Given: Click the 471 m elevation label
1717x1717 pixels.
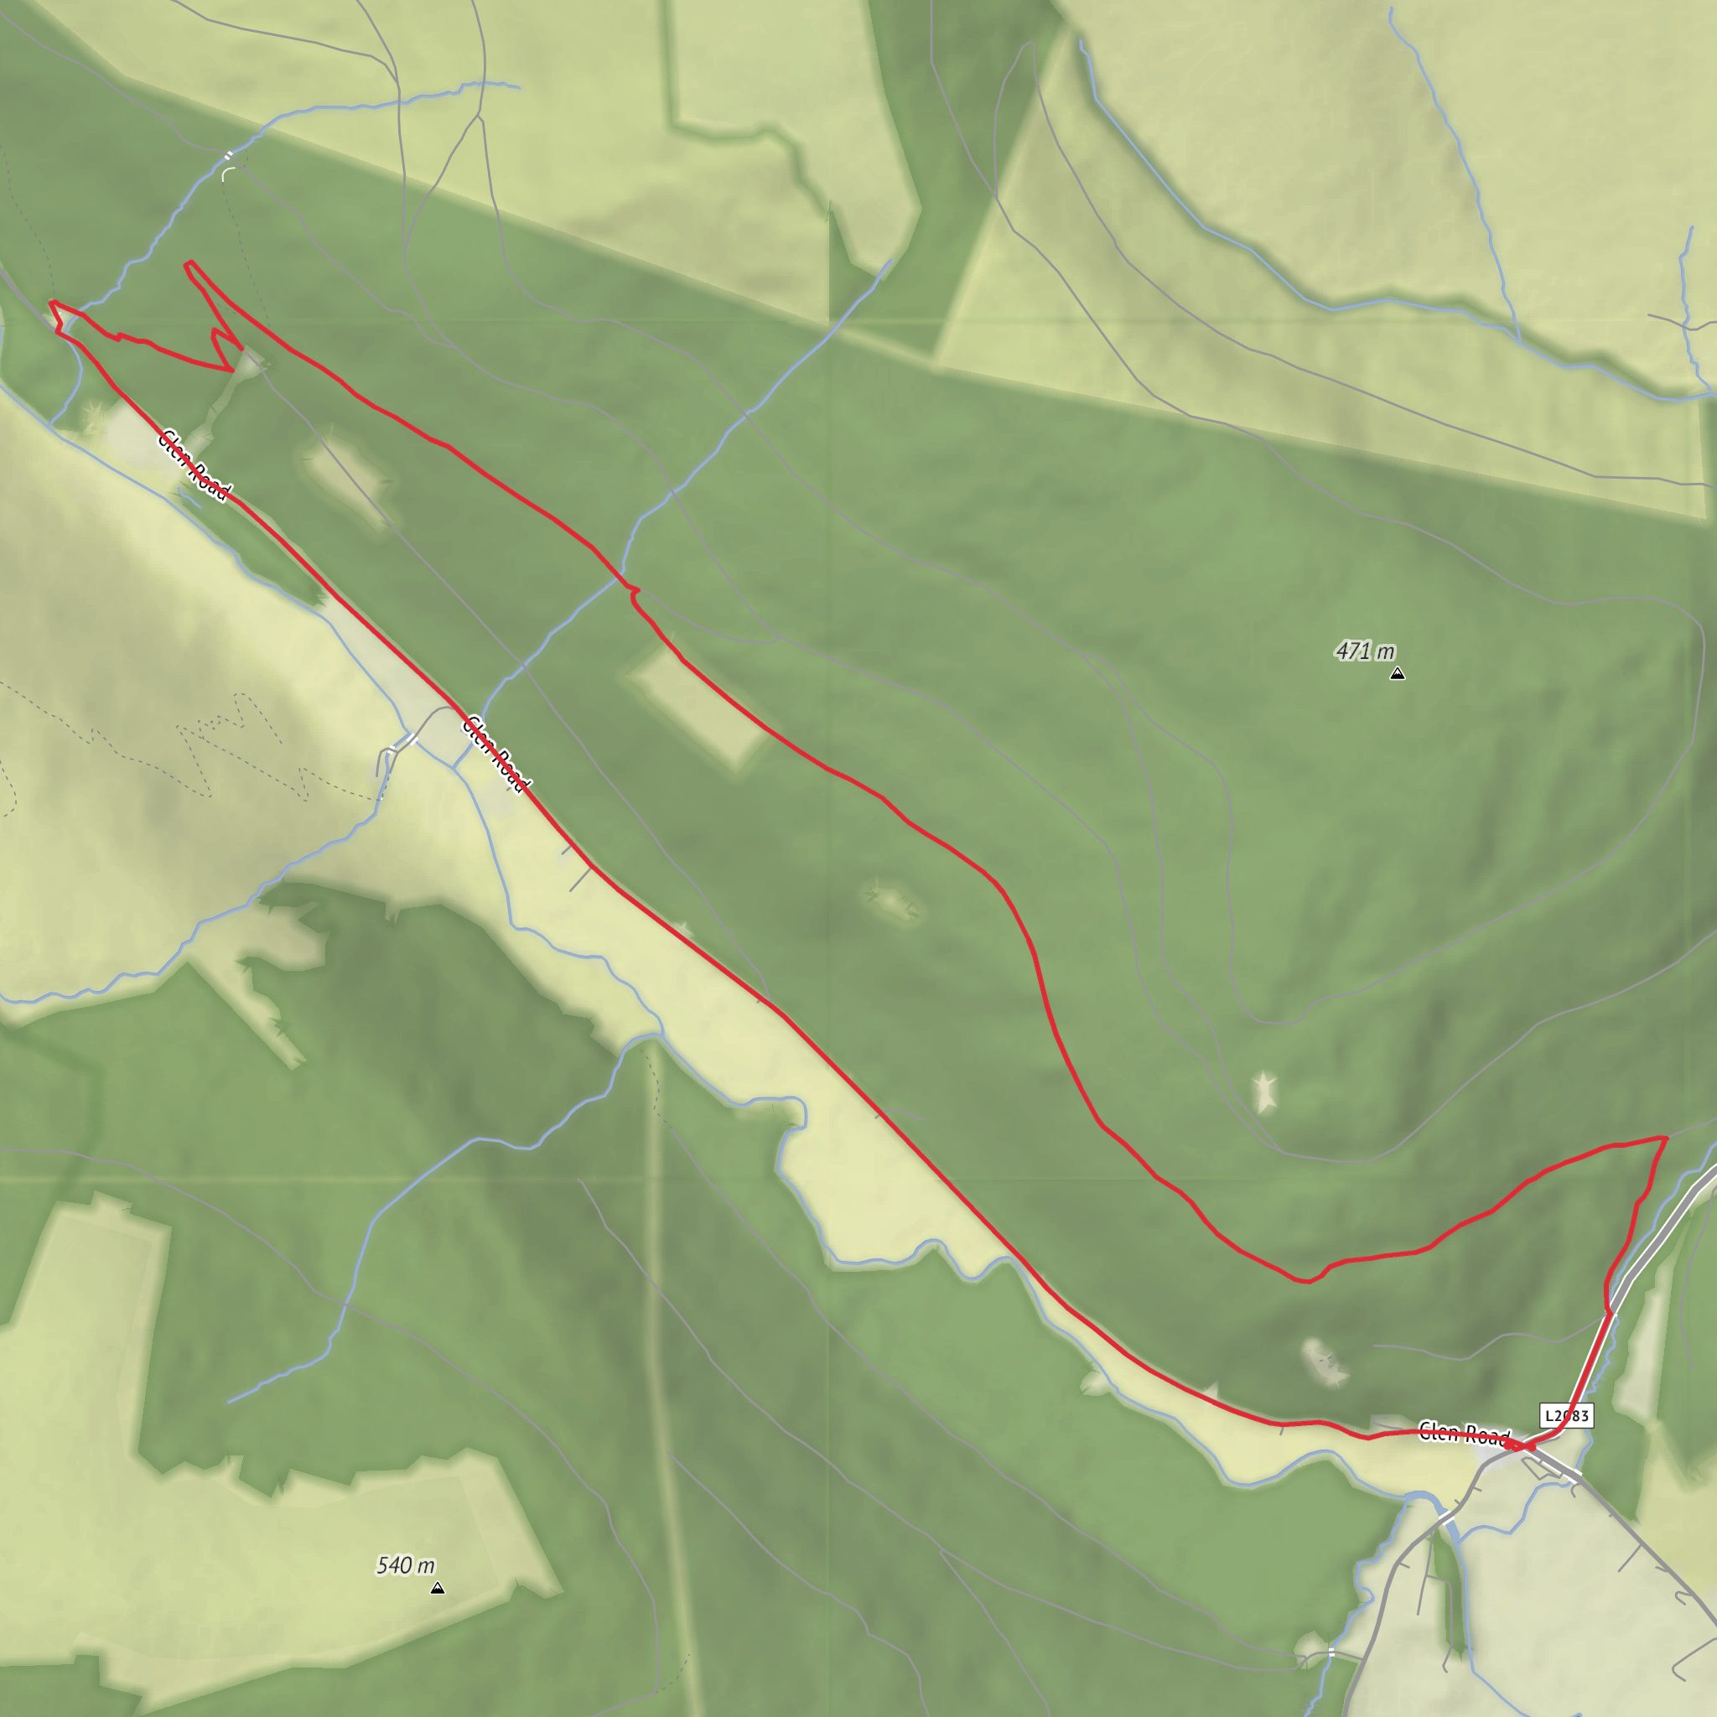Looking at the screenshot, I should tap(1365, 651).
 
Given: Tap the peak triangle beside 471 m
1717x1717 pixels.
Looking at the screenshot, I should tap(1397, 674).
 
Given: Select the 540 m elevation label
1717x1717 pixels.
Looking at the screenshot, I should tap(405, 1565).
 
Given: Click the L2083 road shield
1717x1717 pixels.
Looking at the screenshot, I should tap(1566, 1416).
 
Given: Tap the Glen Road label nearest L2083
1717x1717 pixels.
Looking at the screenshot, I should tap(1464, 1434).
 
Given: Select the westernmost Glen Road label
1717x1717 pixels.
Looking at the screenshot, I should tap(195, 464).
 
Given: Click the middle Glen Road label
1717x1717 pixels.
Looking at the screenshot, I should tap(496, 753).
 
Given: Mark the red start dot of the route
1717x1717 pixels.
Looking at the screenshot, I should tap(1529, 1447).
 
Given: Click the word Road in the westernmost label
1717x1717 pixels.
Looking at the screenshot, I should tap(210, 480).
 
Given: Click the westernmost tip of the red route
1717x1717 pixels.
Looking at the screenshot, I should tap(50, 303).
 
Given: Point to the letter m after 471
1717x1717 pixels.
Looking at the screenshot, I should tap(1386, 652).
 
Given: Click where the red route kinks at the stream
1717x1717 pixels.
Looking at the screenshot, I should tap(635, 590).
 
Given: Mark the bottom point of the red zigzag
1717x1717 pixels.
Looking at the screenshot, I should tap(232, 370).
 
